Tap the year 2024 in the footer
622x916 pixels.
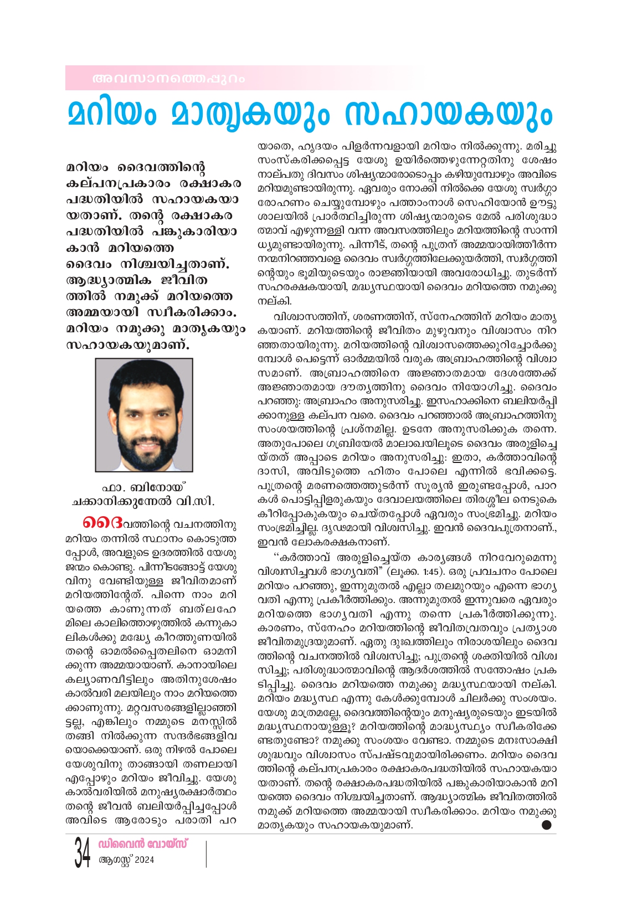coord(144,860)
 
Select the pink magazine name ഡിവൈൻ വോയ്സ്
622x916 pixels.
coord(142,844)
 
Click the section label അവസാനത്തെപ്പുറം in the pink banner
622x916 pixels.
coord(168,79)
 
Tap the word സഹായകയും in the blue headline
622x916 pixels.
coord(448,114)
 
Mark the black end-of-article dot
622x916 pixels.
coord(547,825)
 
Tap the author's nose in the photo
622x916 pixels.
coord(147,421)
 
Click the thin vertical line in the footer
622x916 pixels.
coord(206,853)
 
